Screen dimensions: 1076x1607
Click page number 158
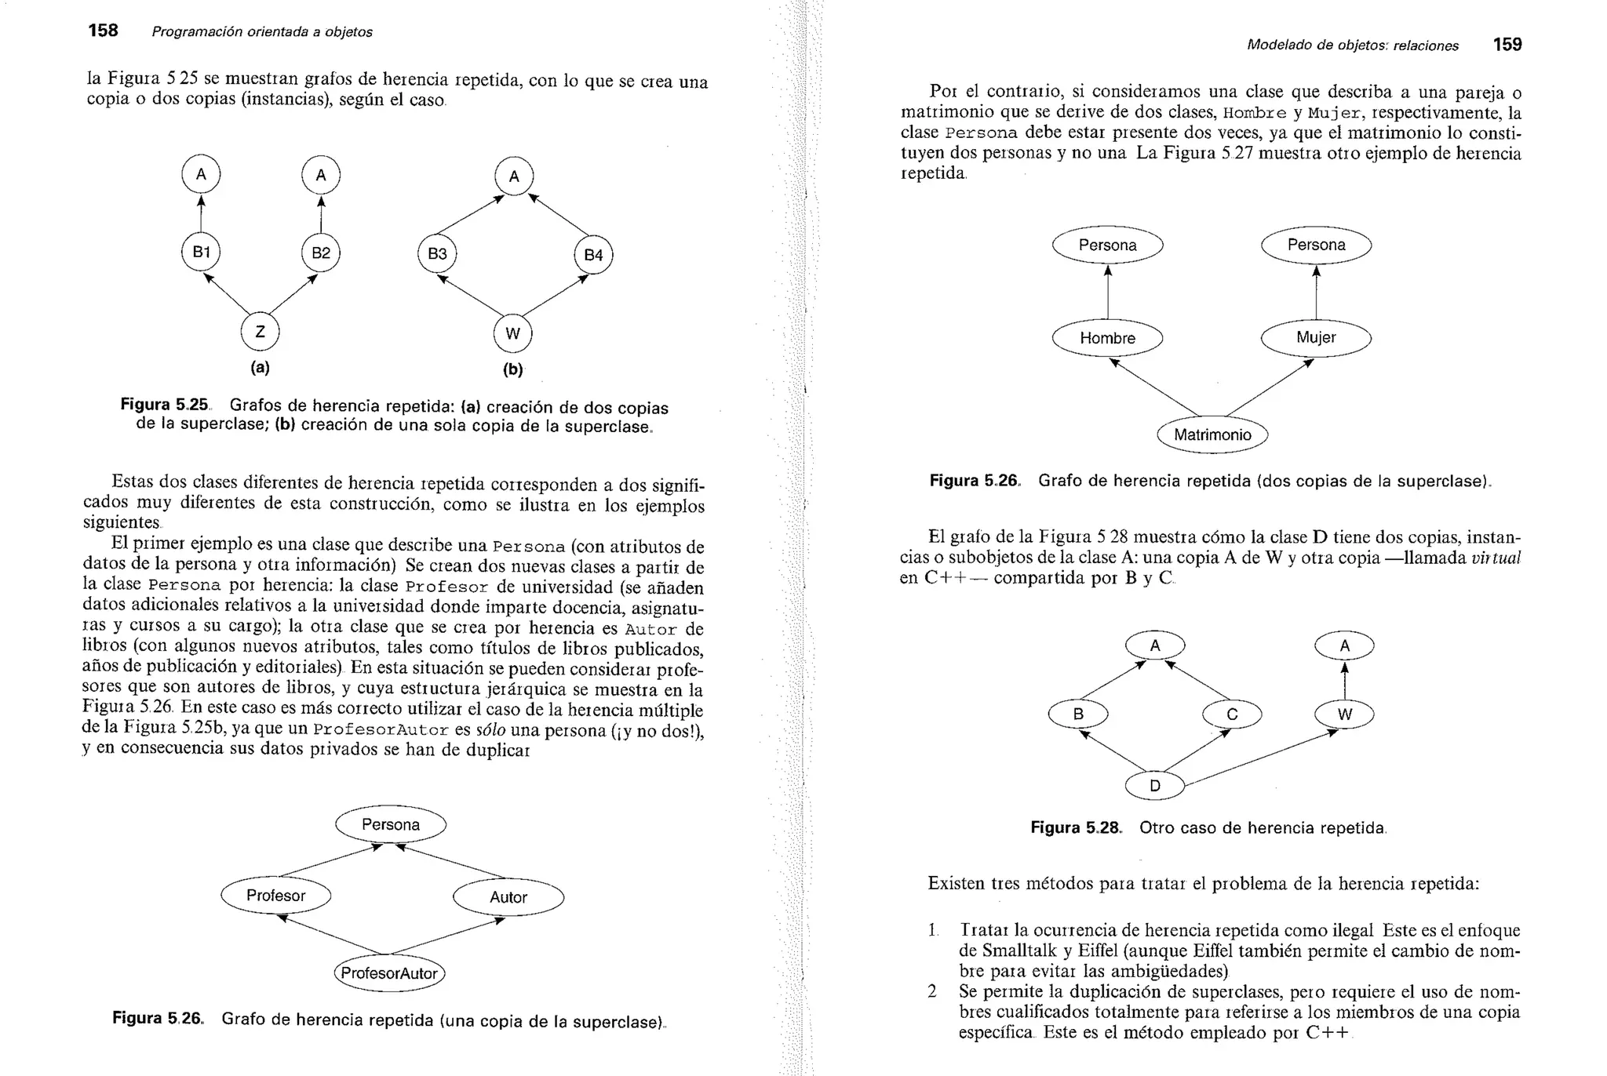pyautogui.click(x=103, y=31)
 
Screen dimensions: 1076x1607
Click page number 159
pyautogui.click(x=1507, y=45)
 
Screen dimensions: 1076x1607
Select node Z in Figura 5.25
pyautogui.click(x=260, y=332)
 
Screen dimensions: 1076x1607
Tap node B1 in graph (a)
pyautogui.click(x=201, y=252)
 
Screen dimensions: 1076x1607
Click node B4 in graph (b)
pyautogui.click(x=593, y=255)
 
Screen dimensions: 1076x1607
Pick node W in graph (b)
pyautogui.click(x=512, y=334)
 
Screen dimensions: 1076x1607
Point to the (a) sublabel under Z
pyautogui.click(x=260, y=367)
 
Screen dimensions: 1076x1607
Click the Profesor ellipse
pyautogui.click(x=275, y=896)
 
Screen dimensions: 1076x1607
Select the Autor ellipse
pyautogui.click(x=508, y=897)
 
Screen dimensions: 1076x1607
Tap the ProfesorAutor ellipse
pyautogui.click(x=390, y=973)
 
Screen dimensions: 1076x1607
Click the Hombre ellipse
pyautogui.click(x=1107, y=338)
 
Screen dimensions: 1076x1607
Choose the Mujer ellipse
pyautogui.click(x=1316, y=337)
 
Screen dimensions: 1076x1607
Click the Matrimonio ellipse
pyautogui.click(x=1212, y=434)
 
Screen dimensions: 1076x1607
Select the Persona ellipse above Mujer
pyautogui.click(x=1316, y=245)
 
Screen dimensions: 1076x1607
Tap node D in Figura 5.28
pyautogui.click(x=1154, y=786)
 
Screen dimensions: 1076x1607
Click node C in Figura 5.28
pyautogui.click(x=1232, y=714)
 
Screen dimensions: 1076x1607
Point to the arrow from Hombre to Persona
pyautogui.click(x=1108, y=292)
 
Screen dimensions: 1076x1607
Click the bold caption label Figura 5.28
pyautogui.click(x=1076, y=827)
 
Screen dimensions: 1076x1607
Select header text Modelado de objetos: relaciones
pyautogui.click(x=1353, y=45)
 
